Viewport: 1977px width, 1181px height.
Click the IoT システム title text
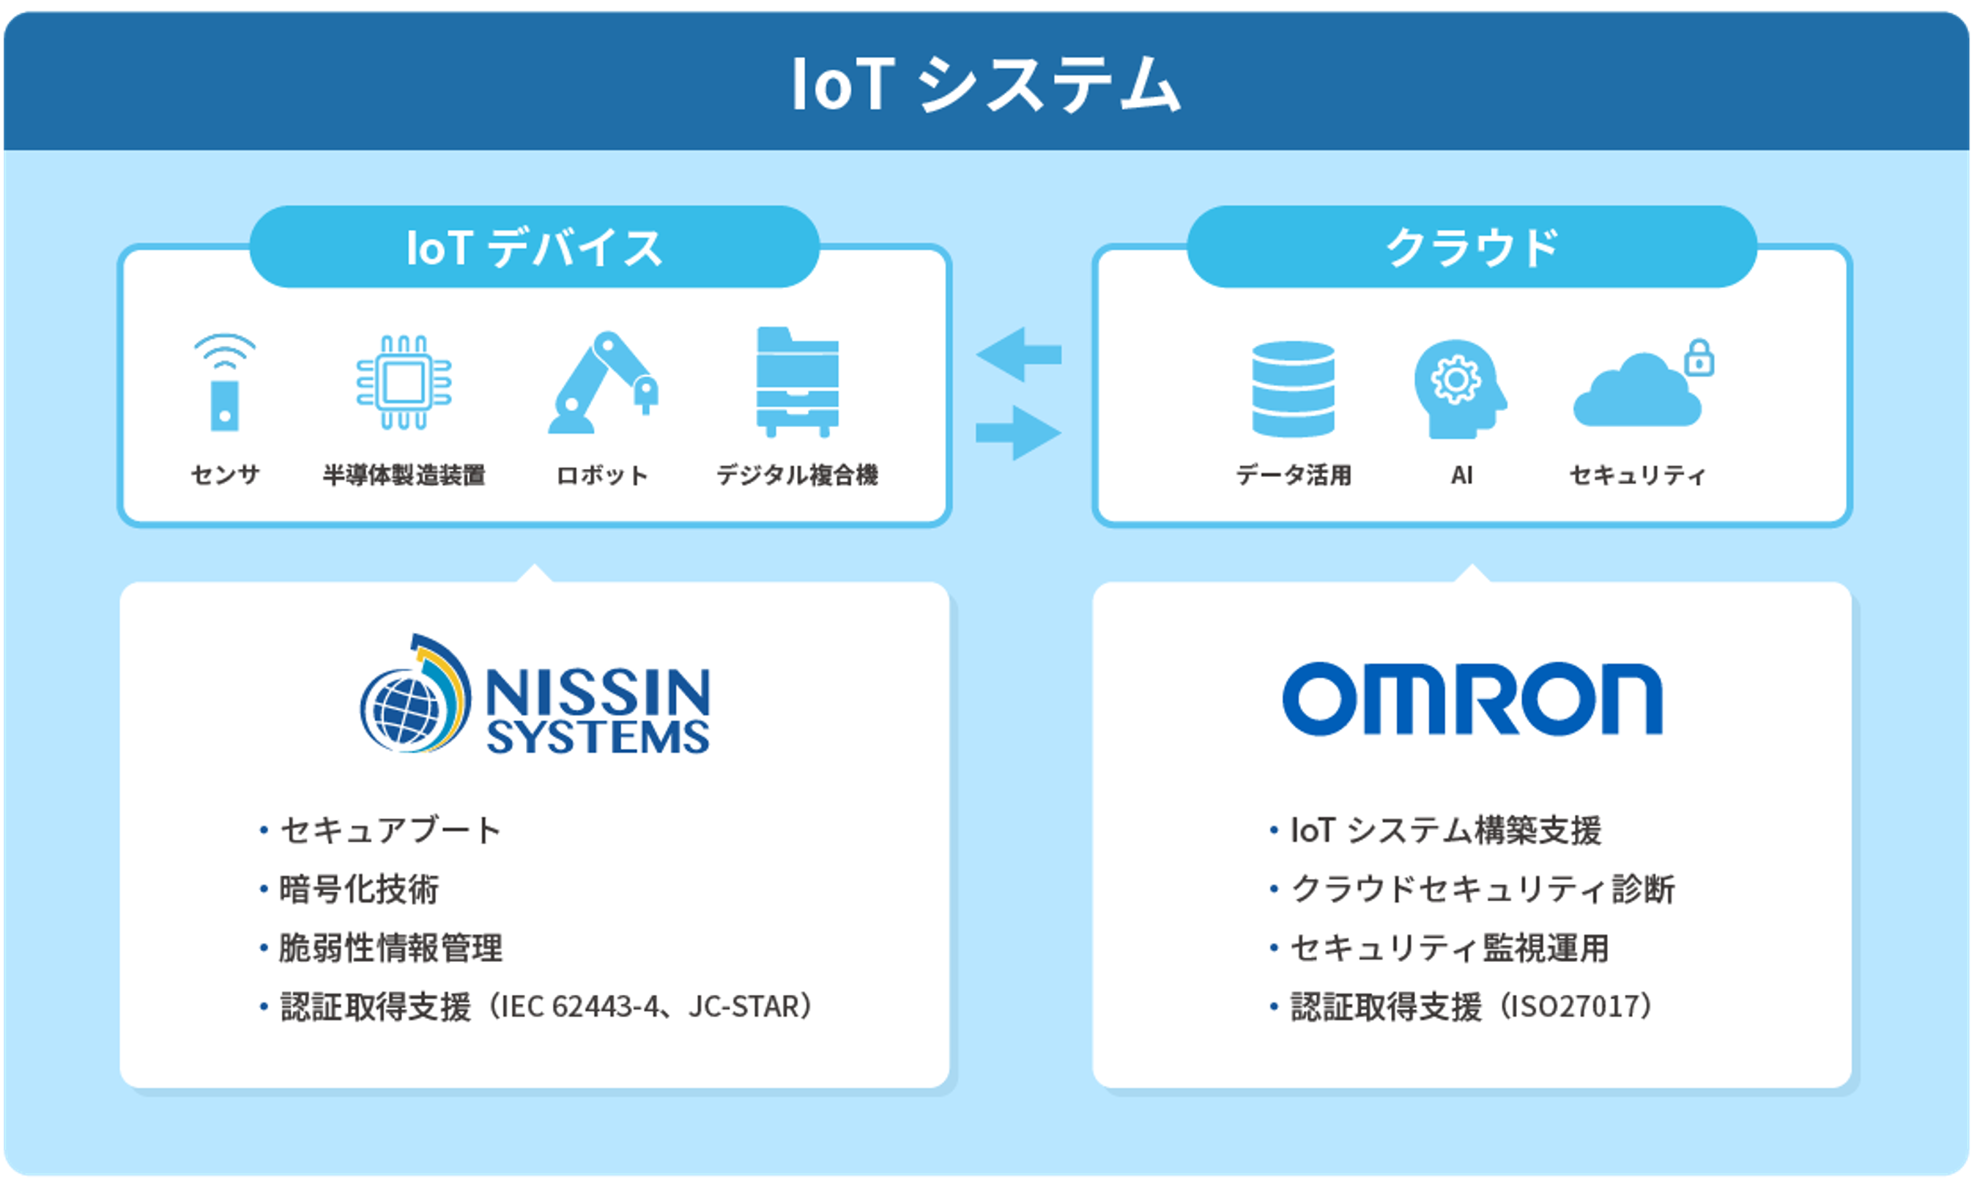(987, 84)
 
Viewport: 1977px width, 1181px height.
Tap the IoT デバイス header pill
(534, 247)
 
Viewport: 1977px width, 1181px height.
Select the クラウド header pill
(1471, 247)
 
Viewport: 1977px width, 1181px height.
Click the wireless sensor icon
(224, 382)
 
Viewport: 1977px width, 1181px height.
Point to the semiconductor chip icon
(404, 382)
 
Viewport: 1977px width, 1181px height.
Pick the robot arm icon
(602, 382)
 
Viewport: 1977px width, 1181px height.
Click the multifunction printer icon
(797, 382)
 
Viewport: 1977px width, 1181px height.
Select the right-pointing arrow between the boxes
(1019, 433)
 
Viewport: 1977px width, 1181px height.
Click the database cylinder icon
(1293, 389)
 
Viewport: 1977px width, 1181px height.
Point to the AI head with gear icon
(1459, 389)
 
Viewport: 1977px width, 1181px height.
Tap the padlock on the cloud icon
(1699, 358)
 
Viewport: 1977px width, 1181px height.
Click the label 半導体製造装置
(404, 475)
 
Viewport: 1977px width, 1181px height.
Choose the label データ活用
(1293, 475)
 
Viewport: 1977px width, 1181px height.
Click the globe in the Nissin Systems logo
(406, 708)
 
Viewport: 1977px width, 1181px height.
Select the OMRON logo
(1472, 699)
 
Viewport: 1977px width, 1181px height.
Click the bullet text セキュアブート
(390, 830)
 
